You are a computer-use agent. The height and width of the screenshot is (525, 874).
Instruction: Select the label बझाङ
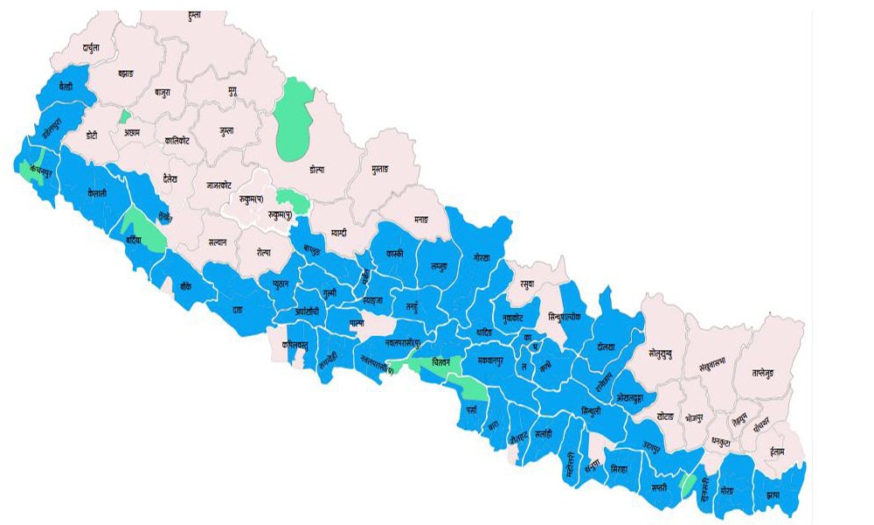tap(128, 75)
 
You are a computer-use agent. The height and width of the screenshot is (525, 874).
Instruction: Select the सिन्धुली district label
tap(591, 410)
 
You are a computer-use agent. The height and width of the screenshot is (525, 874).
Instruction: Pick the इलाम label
tap(772, 452)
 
